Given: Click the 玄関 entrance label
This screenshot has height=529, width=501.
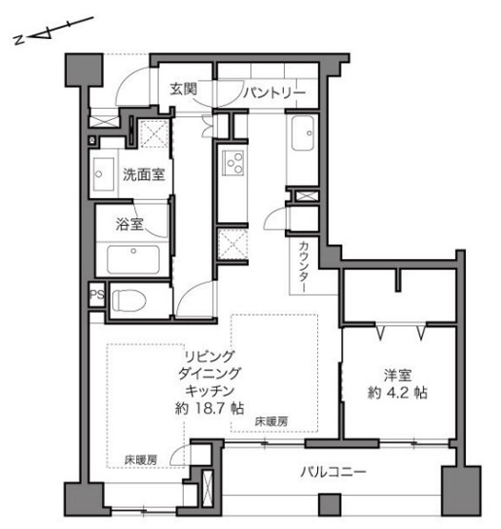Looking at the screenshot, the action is pyautogui.click(x=183, y=89).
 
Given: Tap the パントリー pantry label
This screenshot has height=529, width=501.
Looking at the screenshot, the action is pyautogui.click(x=274, y=92).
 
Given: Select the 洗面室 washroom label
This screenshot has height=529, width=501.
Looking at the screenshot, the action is pyautogui.click(x=144, y=174).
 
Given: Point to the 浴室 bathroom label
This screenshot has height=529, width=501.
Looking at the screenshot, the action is pyautogui.click(x=130, y=224).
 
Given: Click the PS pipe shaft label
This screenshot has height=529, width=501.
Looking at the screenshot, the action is pyautogui.click(x=97, y=295).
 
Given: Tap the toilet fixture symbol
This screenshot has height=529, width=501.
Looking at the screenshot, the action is pyautogui.click(x=130, y=300).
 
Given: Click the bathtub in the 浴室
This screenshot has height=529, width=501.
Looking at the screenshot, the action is pyautogui.click(x=133, y=259).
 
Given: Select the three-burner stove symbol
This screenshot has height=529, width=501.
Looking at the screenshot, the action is pyautogui.click(x=232, y=163).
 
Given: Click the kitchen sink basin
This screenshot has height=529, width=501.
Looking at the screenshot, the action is pyautogui.click(x=303, y=133).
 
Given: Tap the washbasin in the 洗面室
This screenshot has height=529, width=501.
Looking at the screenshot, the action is pyautogui.click(x=104, y=174).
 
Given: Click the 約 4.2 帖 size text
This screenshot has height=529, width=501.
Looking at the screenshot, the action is pyautogui.click(x=397, y=393).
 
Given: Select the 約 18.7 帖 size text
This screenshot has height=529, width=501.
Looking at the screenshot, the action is pyautogui.click(x=210, y=409).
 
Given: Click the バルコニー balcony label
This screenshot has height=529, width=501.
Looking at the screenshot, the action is pyautogui.click(x=332, y=472).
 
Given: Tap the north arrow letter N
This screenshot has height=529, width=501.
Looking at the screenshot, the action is pyautogui.click(x=18, y=40).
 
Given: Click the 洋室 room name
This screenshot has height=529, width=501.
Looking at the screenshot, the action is pyautogui.click(x=397, y=376).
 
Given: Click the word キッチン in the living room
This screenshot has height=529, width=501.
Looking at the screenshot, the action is pyautogui.click(x=210, y=391).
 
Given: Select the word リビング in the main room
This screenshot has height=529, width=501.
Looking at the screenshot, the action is pyautogui.click(x=210, y=356).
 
